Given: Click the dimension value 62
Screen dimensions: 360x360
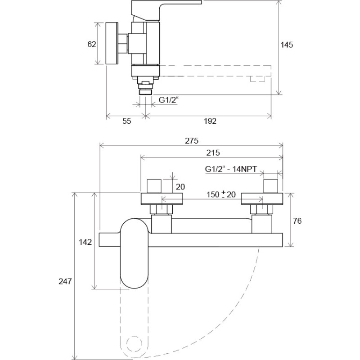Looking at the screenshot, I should [92, 45].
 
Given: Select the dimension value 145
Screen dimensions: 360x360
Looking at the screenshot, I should [287, 45].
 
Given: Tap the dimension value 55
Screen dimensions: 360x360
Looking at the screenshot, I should [126, 121].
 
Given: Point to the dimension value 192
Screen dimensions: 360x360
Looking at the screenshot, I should [210, 121].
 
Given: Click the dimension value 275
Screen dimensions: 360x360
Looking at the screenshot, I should [192, 141].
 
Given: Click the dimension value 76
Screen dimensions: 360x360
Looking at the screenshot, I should [297, 220].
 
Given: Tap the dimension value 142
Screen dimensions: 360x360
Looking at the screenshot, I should [85, 242].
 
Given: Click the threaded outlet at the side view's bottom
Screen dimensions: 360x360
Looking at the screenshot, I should [145, 90].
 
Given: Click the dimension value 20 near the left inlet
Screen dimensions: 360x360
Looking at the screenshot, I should [180, 187].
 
